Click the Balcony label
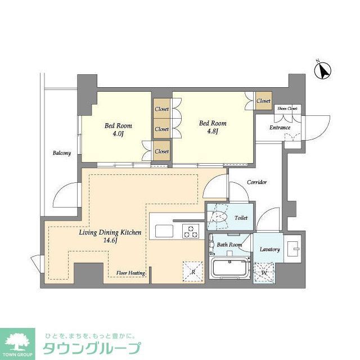point(62,152)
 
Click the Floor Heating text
point(131,273)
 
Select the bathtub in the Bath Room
point(230,267)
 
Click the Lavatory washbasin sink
point(293,247)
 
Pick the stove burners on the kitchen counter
point(191,229)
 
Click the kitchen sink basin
point(165,230)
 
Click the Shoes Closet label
point(287,108)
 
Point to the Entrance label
point(280,128)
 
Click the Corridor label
point(256,182)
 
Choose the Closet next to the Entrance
point(263,101)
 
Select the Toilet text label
point(241,218)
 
